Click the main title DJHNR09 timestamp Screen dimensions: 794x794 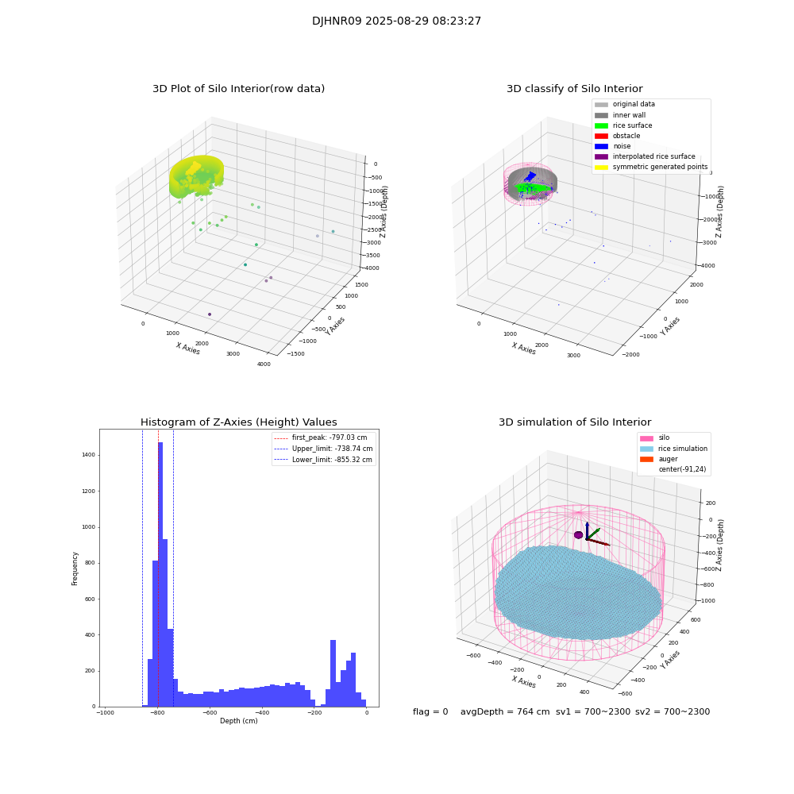pyautogui.click(x=396, y=21)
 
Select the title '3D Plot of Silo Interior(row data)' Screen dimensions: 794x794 pyautogui.click(x=238, y=89)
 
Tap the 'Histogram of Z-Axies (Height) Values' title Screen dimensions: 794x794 pyautogui.click(x=238, y=422)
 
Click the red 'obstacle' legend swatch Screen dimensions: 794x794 pyautogui.click(x=601, y=136)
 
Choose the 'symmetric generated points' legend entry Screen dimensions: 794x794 pyautogui.click(x=659, y=167)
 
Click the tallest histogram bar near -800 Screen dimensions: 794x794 pyautogui.click(x=160, y=572)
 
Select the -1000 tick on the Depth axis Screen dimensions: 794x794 pyautogui.click(x=105, y=713)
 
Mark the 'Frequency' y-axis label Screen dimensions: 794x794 pyautogui.click(x=75, y=568)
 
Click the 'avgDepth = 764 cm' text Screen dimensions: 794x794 pyautogui.click(x=505, y=711)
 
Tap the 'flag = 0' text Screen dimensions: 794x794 pyautogui.click(x=430, y=711)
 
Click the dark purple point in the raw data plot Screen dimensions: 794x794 pyautogui.click(x=210, y=314)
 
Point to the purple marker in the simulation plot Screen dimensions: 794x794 pyautogui.click(x=578, y=535)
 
